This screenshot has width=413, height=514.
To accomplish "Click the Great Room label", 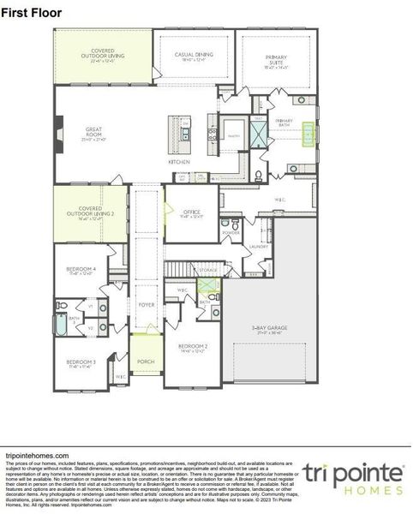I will pos(93,132).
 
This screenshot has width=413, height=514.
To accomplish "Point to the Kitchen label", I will pos(179,161).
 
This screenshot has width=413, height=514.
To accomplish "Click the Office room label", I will pos(191,214).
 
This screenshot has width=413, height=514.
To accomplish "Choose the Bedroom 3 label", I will pos(81,363).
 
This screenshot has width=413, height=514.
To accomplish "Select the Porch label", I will pos(146,362).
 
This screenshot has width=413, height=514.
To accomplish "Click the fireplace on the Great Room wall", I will pos(57,133).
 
